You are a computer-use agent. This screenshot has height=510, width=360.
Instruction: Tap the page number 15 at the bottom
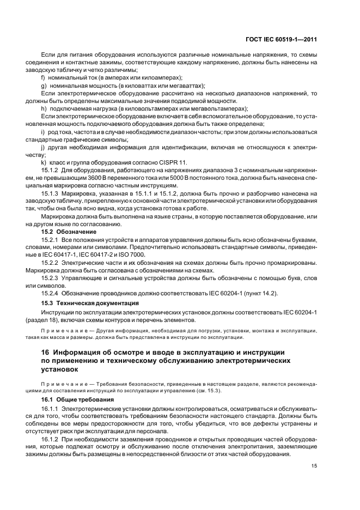(314, 465)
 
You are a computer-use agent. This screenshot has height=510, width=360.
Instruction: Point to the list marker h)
(44, 108)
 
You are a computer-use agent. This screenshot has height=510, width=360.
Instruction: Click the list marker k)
(44, 163)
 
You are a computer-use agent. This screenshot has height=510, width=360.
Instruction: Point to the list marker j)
(44, 148)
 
